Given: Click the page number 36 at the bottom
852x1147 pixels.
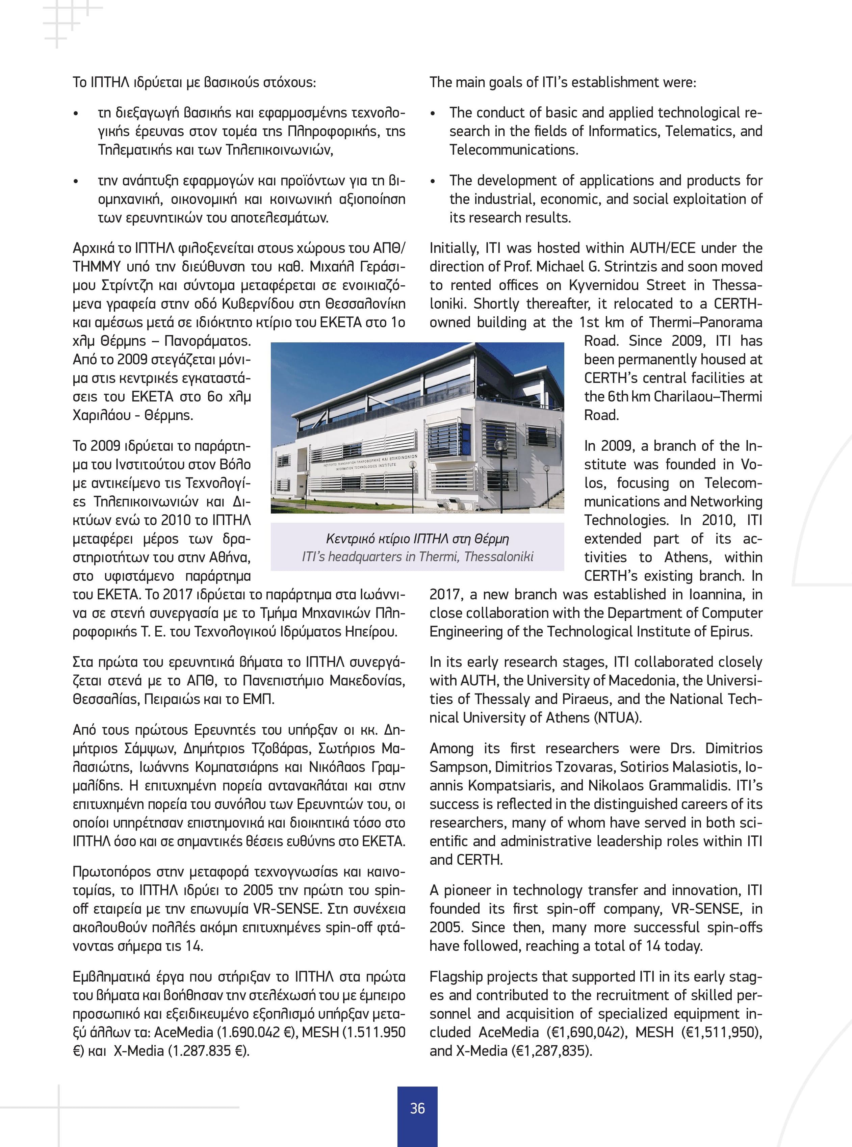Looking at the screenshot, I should pos(417,1108).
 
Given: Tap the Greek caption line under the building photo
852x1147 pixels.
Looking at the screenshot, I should pos(417,539).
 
